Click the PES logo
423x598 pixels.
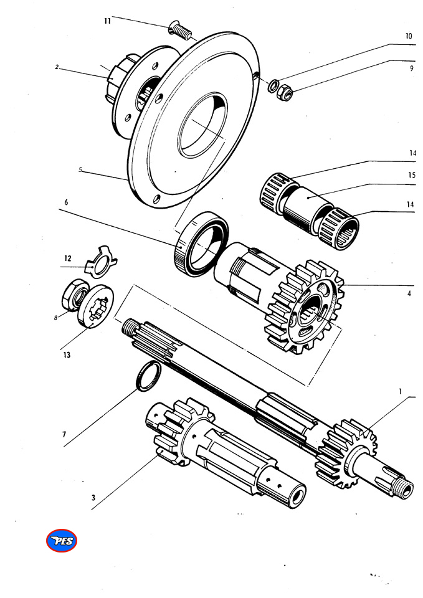click(62, 541)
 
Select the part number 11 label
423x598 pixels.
click(107, 21)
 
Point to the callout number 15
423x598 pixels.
click(411, 175)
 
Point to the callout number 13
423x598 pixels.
click(66, 356)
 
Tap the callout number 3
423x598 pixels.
click(93, 498)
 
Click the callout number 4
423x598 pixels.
click(409, 293)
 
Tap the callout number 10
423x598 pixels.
click(409, 36)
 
